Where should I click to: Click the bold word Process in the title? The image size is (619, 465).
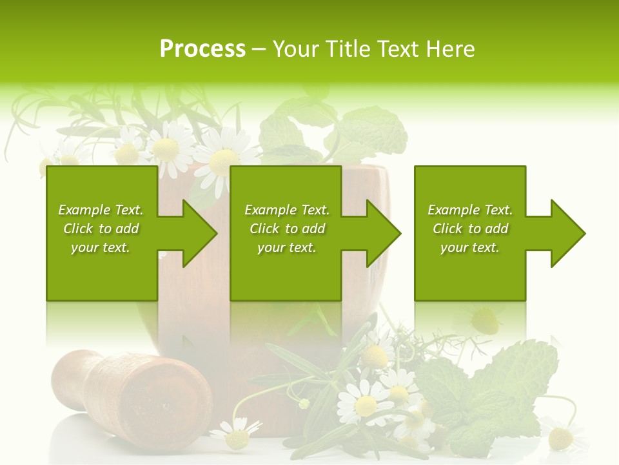202,49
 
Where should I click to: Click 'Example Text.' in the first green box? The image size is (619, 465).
101,210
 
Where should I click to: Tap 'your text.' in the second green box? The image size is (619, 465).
286,247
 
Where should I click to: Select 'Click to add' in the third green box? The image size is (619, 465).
470,229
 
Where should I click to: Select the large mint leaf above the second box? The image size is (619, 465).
371,129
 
